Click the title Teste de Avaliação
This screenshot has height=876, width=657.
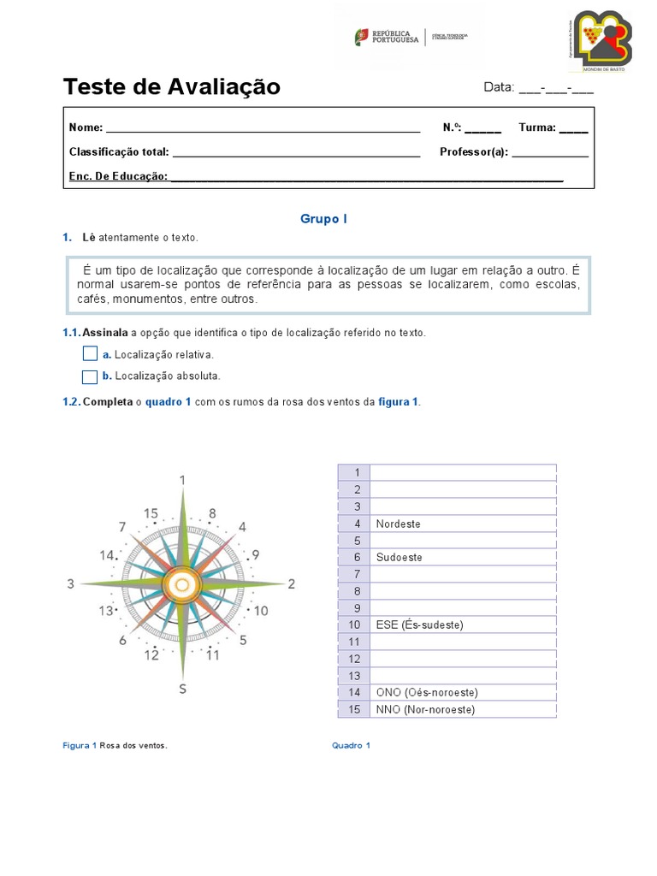tap(171, 87)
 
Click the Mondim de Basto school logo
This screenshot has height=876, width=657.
tap(602, 41)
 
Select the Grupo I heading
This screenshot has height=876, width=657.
tap(323, 219)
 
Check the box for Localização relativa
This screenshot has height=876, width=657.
tap(90, 354)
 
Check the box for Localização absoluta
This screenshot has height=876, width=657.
tap(90, 376)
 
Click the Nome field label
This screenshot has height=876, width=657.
tap(86, 127)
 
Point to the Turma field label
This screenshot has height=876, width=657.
tap(537, 127)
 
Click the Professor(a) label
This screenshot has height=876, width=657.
tap(474, 152)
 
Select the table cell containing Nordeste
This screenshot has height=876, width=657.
tap(463, 524)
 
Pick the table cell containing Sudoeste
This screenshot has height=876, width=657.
tap(463, 557)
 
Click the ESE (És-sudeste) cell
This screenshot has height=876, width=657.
tap(463, 624)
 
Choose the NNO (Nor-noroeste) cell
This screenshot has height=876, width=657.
tap(463, 709)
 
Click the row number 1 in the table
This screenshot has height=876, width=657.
tap(354, 473)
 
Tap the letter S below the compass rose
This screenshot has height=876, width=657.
tap(182, 689)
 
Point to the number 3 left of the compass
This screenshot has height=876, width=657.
tap(71, 584)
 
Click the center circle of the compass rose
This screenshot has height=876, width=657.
tap(181, 584)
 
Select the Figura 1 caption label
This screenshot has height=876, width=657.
tap(80, 745)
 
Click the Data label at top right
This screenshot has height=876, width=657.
tap(498, 87)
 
